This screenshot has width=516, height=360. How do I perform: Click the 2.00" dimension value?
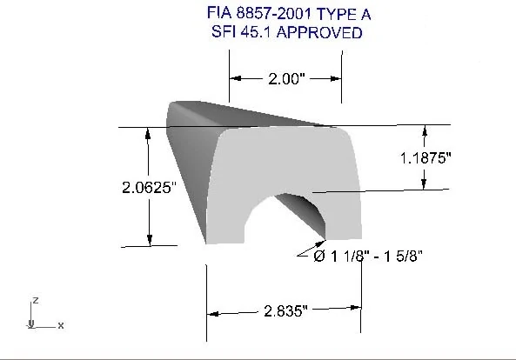click(x=286, y=79)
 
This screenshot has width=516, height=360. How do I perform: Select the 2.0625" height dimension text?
click(x=149, y=188)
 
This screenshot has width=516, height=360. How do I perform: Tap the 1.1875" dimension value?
click(x=426, y=158)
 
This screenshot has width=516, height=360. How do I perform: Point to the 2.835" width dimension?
click(x=285, y=310)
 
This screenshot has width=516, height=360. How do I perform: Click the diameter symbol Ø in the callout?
click(x=319, y=256)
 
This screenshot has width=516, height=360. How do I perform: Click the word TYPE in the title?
click(x=335, y=14)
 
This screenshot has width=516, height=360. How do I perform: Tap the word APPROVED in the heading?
click(x=319, y=32)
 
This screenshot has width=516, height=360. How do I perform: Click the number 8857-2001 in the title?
click(x=274, y=14)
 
